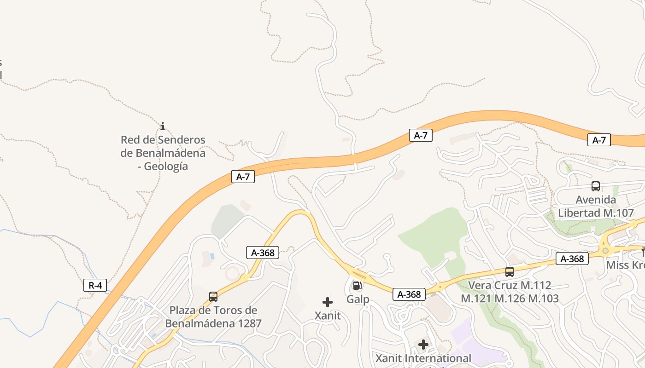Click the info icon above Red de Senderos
point(162,126)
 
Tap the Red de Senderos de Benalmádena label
point(163,153)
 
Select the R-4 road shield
point(95,285)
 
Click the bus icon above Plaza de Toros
point(213,296)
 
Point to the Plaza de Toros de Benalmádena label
point(213,316)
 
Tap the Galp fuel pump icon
point(357,286)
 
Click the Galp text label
point(358,299)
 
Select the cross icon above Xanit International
point(423,344)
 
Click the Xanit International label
point(423,358)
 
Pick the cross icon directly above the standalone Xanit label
point(328,302)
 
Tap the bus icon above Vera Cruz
point(509,271)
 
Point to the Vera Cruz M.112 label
point(509,292)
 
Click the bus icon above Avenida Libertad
point(595,186)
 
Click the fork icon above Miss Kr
point(643,251)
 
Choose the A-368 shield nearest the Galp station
point(409,294)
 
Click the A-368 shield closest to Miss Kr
point(572,259)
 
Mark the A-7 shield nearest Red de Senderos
point(243,177)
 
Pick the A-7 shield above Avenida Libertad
point(598,140)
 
